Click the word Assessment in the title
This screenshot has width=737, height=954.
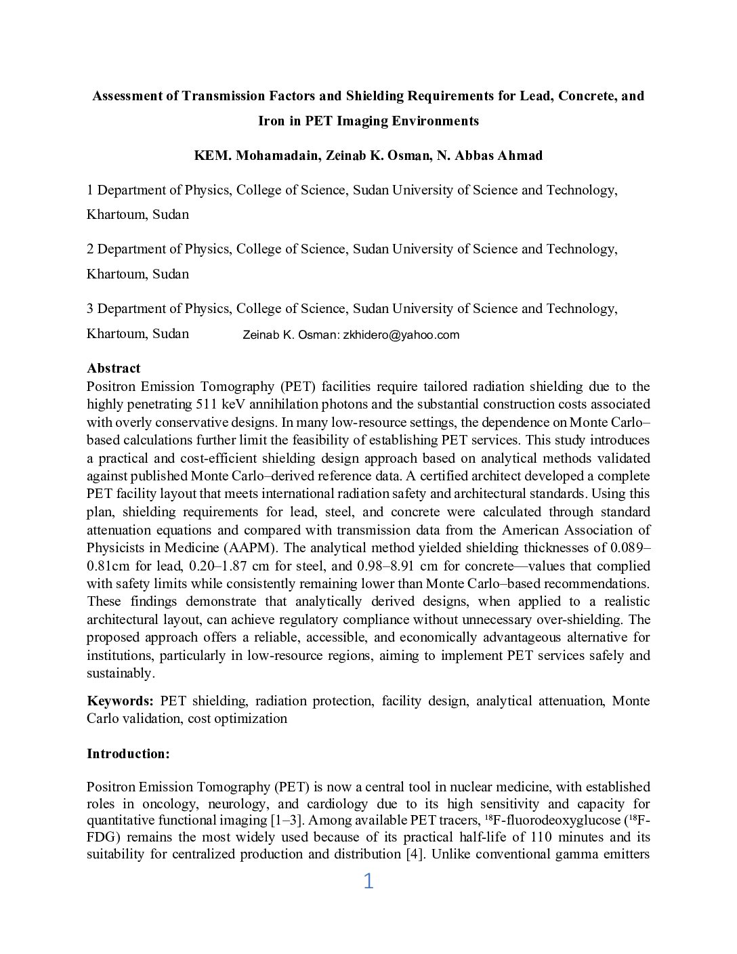(126, 96)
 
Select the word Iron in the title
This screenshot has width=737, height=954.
(271, 121)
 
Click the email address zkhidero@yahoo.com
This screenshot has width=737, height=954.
(401, 335)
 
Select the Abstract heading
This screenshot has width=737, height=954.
(113, 368)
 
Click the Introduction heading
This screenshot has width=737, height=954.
(128, 753)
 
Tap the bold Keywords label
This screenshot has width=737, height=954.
(120, 701)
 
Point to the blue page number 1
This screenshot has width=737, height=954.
(368, 881)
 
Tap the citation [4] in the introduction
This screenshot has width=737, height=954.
(415, 854)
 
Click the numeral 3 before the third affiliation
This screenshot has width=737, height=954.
(90, 309)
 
